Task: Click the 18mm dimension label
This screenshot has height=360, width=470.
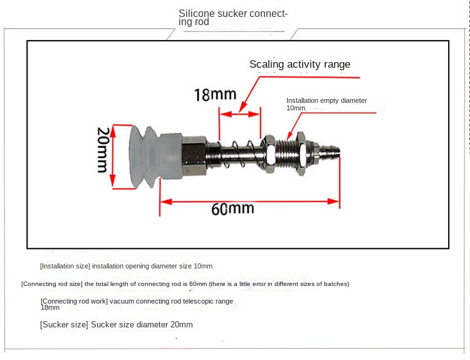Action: [x=215, y=95]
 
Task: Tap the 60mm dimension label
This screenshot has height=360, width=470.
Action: [x=232, y=208]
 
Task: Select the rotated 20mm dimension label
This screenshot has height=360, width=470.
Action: [x=103, y=150]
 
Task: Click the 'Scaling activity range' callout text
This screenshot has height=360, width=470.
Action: [x=300, y=64]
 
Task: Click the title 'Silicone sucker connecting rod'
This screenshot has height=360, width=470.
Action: [x=233, y=18]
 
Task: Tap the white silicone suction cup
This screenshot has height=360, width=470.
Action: [x=156, y=156]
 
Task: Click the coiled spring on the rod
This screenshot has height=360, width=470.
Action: [x=240, y=154]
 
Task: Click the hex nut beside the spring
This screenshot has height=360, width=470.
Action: [x=268, y=154]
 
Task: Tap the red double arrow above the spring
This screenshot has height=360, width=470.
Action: [x=240, y=114]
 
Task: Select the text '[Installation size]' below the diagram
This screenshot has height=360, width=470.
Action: [x=65, y=266]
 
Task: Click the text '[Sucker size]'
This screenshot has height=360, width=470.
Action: [x=64, y=325]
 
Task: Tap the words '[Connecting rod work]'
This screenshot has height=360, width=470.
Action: [x=74, y=301]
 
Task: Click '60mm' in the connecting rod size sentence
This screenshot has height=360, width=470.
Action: [x=198, y=284]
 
